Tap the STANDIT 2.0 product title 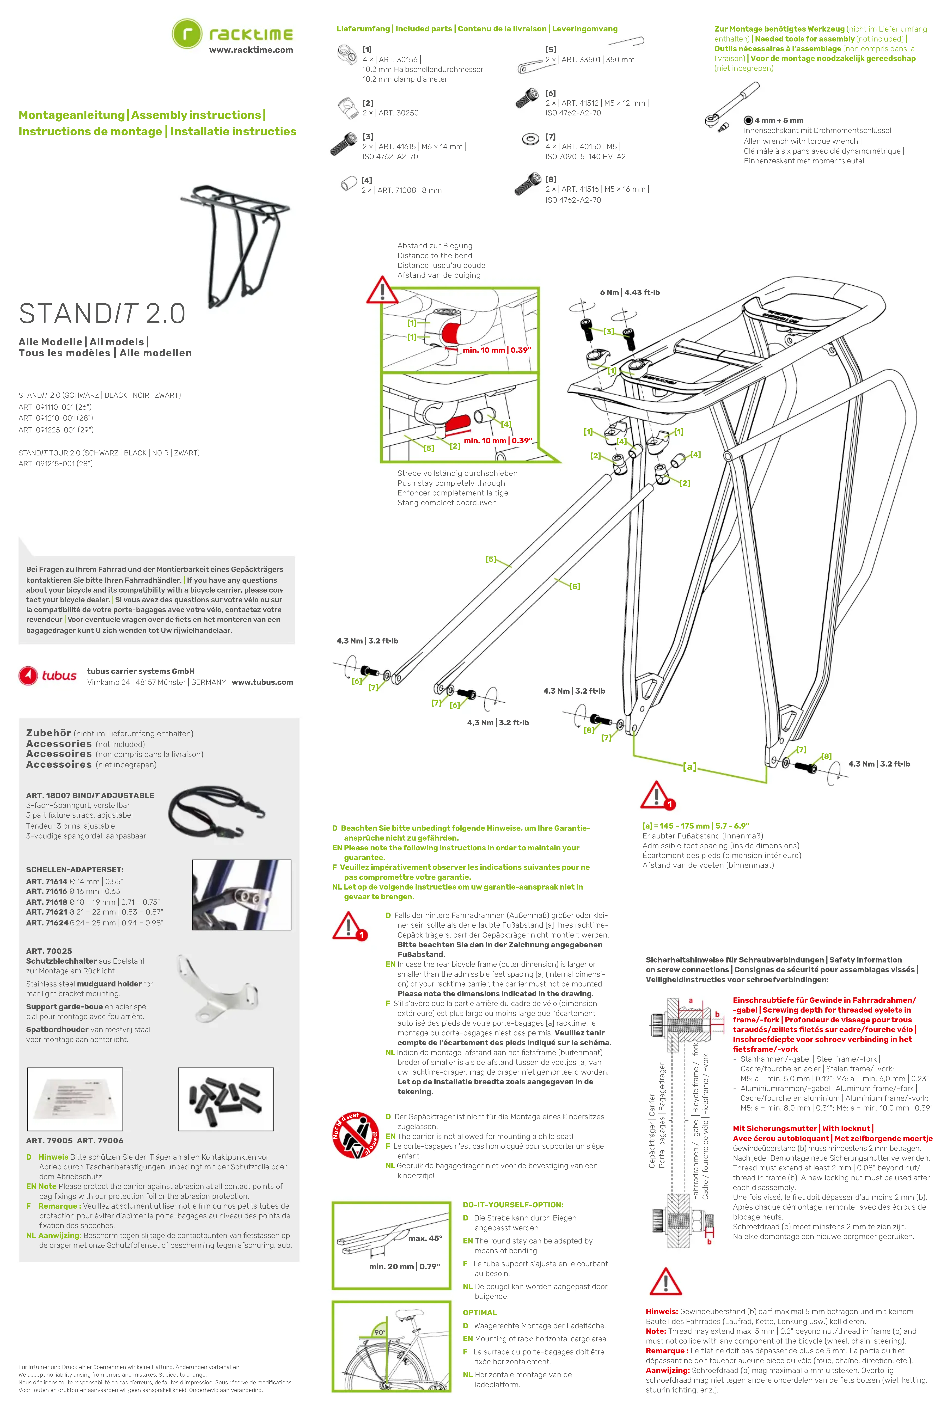pyautogui.click(x=102, y=313)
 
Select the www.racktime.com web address pyautogui.click(x=251, y=50)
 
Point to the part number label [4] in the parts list pyautogui.click(x=367, y=180)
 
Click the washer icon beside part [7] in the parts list pyautogui.click(x=531, y=140)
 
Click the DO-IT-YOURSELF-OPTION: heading pyautogui.click(x=513, y=1205)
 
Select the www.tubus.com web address pyautogui.click(x=262, y=682)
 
